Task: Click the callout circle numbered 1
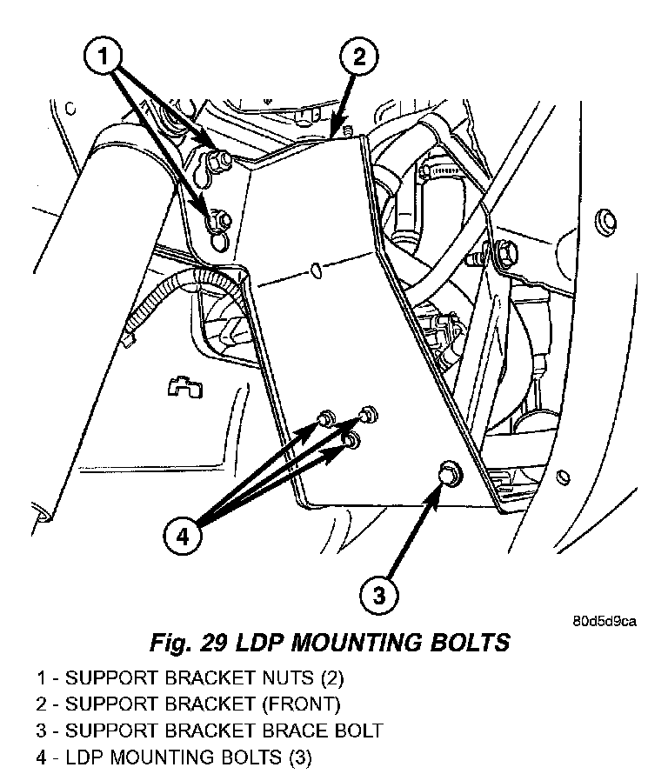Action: (104, 56)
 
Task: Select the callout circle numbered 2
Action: (359, 56)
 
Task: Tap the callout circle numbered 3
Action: (378, 594)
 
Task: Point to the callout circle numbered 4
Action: (183, 535)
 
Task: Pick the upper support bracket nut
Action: (217, 159)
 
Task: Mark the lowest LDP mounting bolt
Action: (352, 439)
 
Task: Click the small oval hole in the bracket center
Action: (317, 270)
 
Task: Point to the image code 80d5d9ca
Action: (605, 620)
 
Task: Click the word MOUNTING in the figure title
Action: (356, 643)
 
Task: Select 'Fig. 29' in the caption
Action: (188, 643)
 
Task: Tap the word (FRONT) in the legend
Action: (301, 704)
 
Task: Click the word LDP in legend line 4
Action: (83, 757)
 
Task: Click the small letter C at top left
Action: (70, 109)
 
